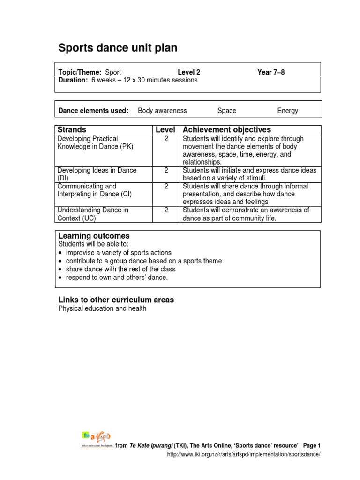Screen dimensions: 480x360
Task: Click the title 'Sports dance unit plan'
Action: tap(118, 48)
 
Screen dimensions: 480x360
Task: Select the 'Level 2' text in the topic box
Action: tap(189, 72)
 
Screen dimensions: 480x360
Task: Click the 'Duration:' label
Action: tap(73, 80)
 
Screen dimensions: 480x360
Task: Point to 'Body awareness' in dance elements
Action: tap(162, 111)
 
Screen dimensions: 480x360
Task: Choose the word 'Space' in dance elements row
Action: tap(227, 111)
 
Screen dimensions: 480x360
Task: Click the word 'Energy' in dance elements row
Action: tap(287, 111)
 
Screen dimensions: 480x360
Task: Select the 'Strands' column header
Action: tap(71, 130)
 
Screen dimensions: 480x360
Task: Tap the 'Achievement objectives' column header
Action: tap(227, 130)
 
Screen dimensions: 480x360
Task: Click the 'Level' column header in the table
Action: tap(165, 130)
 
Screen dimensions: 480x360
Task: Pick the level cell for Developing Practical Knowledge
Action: tap(166, 139)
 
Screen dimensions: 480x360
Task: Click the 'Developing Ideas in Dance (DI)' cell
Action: tap(97, 174)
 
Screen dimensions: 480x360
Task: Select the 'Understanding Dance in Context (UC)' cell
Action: tap(93, 214)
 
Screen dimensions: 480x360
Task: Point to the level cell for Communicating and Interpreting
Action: tap(166, 187)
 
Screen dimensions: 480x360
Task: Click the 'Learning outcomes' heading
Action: tap(94, 236)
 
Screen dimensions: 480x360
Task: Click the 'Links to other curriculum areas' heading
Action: tap(116, 300)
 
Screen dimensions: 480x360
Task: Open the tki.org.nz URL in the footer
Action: tap(244, 455)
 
